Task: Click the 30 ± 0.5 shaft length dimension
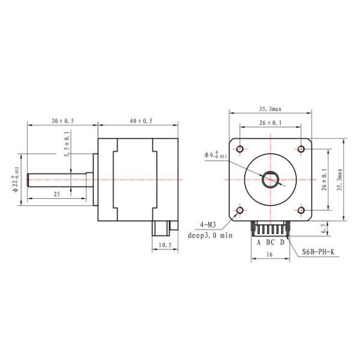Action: point(62,121)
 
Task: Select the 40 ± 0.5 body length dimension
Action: point(141,121)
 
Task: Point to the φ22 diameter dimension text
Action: point(16,179)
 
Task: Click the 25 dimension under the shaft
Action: point(56,194)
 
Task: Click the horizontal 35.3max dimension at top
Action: point(271,109)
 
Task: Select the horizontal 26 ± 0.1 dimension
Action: point(271,123)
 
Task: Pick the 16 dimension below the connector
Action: point(270,255)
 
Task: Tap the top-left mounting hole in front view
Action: point(240,148)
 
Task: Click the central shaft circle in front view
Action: point(271,179)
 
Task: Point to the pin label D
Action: point(282,242)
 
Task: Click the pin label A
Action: point(259,242)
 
